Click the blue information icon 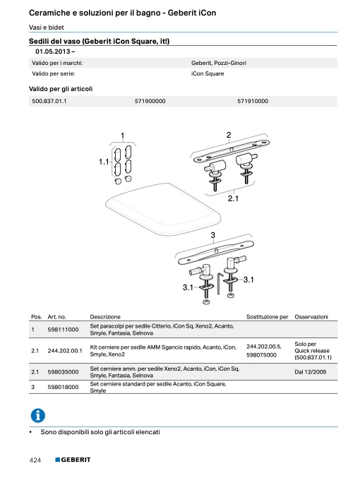click(x=38, y=415)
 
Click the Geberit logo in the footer click(x=73, y=460)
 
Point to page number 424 click(x=35, y=460)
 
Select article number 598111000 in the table click(x=63, y=330)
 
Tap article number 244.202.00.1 click(x=65, y=351)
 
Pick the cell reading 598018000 click(x=63, y=387)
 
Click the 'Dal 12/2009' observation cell click(x=310, y=372)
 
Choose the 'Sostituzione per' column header click(x=267, y=317)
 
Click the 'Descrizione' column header click(x=105, y=317)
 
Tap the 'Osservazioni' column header click(x=311, y=317)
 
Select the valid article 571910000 click(x=253, y=101)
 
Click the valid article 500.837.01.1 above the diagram click(x=49, y=101)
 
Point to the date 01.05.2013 click(x=53, y=52)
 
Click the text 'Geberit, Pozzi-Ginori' click(x=219, y=63)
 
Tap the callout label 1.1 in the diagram click(x=104, y=162)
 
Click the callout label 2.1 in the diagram click(x=233, y=198)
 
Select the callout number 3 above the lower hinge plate click(x=212, y=235)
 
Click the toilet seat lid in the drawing click(x=163, y=209)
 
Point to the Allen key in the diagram click(x=220, y=284)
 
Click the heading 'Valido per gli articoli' click(x=61, y=89)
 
